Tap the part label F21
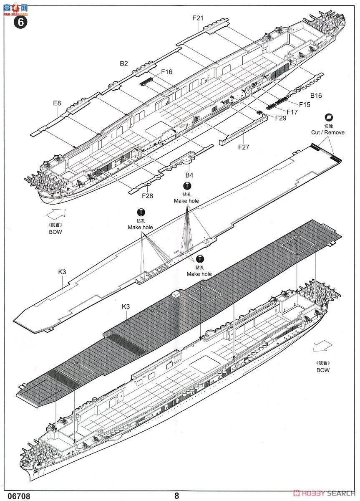[x=198, y=18]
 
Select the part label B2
[x=124, y=63]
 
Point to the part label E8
[x=57, y=103]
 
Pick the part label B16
[x=316, y=96]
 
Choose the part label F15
[x=305, y=104]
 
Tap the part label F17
[x=292, y=112]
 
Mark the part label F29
[x=281, y=118]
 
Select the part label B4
[x=189, y=175]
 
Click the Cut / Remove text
[x=328, y=132]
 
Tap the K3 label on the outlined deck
[x=62, y=272]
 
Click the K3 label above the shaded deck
[x=126, y=306]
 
